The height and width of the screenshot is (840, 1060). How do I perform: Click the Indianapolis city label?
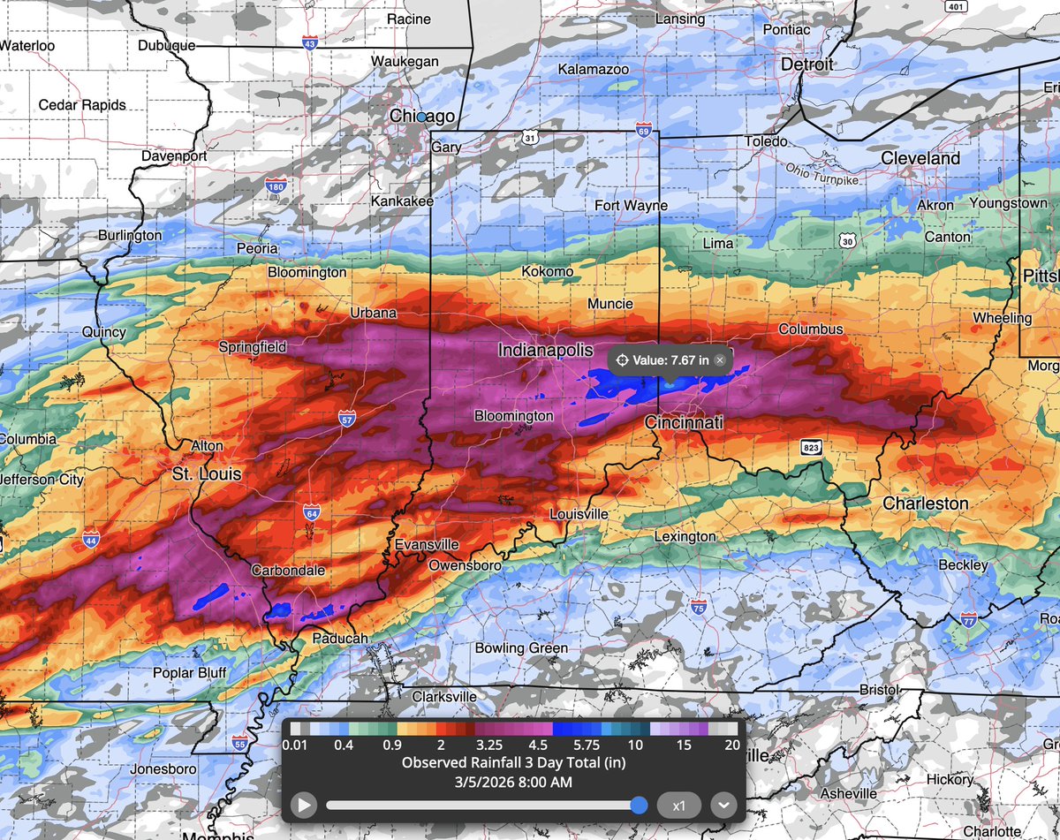(x=545, y=351)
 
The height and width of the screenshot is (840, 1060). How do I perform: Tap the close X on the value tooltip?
(x=720, y=359)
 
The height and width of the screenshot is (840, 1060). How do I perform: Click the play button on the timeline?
(x=303, y=806)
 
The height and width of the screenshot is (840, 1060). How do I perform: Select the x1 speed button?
(x=679, y=806)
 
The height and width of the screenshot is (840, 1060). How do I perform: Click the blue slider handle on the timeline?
(x=640, y=806)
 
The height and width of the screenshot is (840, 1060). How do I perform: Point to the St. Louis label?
(x=206, y=474)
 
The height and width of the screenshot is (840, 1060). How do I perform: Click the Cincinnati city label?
(x=684, y=423)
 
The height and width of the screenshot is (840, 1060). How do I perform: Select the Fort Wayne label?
(x=631, y=206)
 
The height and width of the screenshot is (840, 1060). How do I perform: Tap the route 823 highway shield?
(x=812, y=448)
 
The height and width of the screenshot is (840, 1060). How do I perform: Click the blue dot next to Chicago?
(x=421, y=117)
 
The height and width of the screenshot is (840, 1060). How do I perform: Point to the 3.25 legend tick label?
(x=489, y=745)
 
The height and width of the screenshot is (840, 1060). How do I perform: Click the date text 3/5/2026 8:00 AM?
(x=513, y=781)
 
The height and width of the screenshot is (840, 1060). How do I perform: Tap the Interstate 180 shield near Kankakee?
(x=275, y=186)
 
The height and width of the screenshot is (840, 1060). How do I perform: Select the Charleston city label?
(x=926, y=503)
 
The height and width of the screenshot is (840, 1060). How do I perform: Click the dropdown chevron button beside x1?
(x=723, y=806)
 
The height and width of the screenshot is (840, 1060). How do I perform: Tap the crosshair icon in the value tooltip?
(x=621, y=359)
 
